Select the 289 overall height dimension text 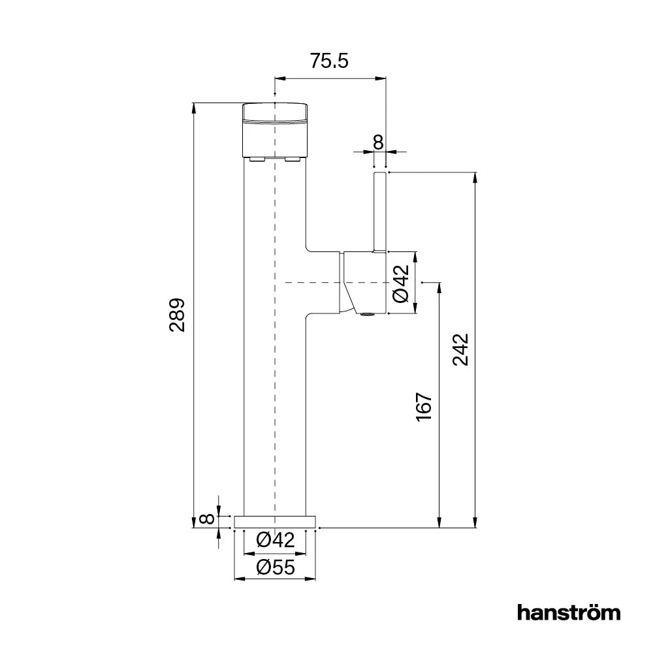tap(178, 315)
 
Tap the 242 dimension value tap(461, 350)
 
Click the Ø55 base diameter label tap(275, 567)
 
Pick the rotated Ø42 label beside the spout tap(400, 283)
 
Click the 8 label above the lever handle tap(377, 141)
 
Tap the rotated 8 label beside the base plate tap(206, 520)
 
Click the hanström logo tap(568, 613)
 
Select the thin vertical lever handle tap(380, 212)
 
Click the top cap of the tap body tap(275, 113)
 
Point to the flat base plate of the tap tap(275, 521)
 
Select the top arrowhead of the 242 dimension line tap(474, 177)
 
